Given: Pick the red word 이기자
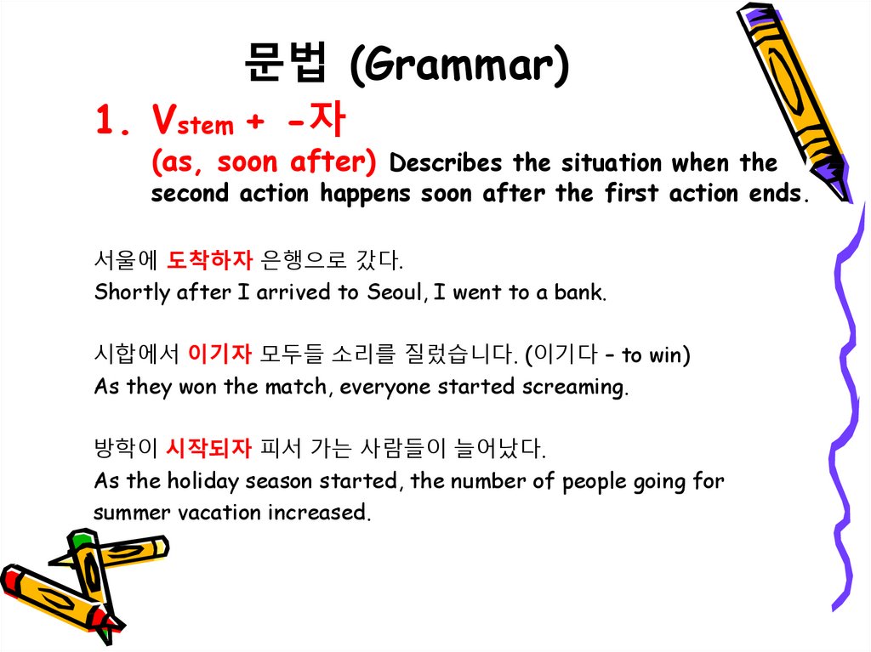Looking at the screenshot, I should coord(219,354).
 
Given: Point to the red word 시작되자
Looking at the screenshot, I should coord(209,447).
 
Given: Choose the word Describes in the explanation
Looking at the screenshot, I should coord(447,162).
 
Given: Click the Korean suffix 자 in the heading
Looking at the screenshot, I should coord(327,122).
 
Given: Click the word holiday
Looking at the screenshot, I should coord(204,481).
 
